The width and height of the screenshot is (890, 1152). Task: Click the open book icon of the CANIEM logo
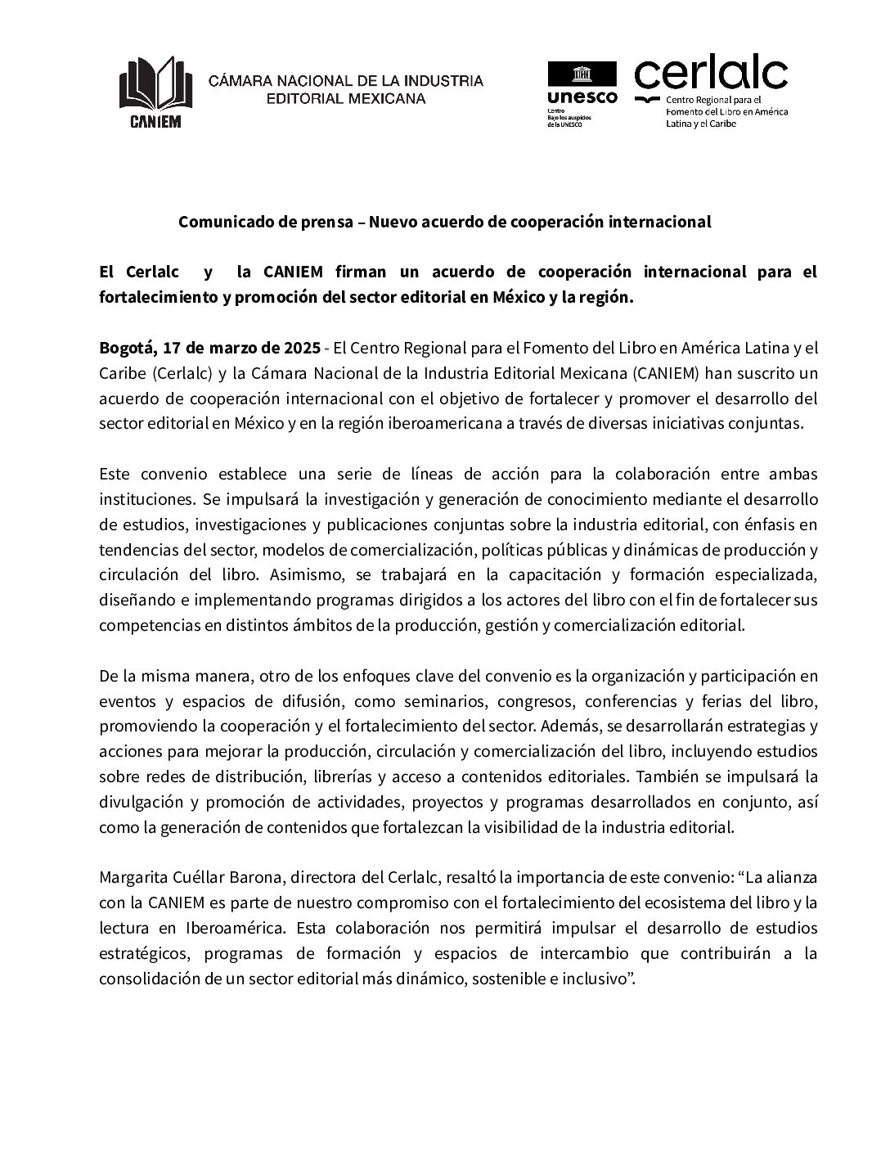(x=155, y=84)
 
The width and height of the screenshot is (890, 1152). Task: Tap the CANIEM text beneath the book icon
(x=155, y=121)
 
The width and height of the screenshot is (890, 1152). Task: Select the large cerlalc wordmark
(x=710, y=74)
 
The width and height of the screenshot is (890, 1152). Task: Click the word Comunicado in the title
(x=217, y=222)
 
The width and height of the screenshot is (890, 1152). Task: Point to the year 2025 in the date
(x=302, y=348)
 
